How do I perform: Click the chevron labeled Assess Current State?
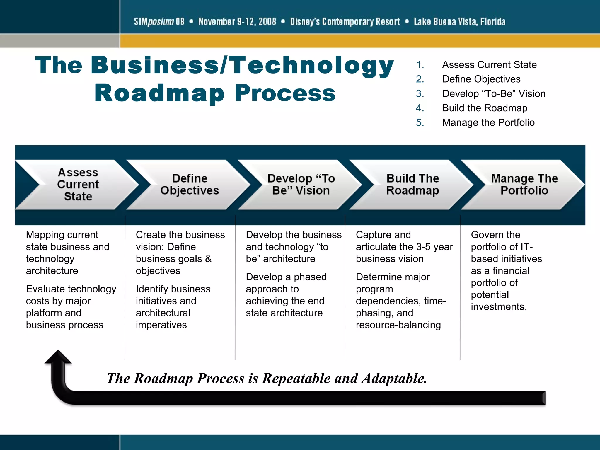tap(78, 185)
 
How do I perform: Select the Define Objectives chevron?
tap(190, 185)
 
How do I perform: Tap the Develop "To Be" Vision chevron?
tap(301, 185)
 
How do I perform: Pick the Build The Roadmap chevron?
tap(412, 185)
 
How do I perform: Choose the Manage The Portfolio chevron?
tap(524, 185)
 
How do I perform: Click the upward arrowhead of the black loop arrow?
tap(58, 357)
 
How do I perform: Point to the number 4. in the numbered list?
tap(420, 108)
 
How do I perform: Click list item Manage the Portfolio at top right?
tap(488, 122)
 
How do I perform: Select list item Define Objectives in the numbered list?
tap(481, 79)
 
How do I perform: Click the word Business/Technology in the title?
tap(242, 65)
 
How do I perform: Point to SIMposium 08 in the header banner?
tap(159, 21)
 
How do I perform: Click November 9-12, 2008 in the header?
tap(237, 21)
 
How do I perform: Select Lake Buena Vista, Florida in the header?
tap(459, 21)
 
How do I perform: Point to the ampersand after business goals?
tap(208, 259)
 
